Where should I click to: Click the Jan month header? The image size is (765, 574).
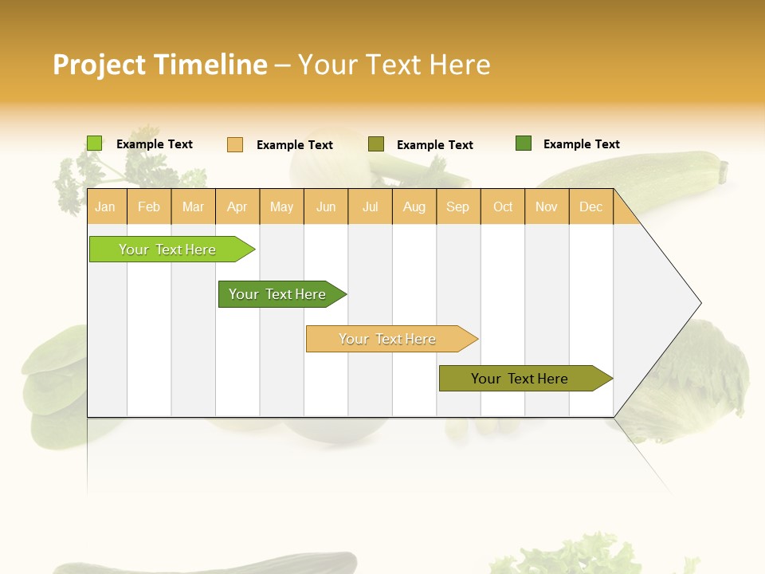click(106, 207)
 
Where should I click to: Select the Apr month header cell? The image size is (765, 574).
click(237, 207)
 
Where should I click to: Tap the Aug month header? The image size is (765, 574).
click(414, 207)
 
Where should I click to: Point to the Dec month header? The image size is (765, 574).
click(591, 207)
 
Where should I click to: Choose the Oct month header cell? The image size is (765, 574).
click(503, 207)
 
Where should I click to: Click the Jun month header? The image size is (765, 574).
click(326, 207)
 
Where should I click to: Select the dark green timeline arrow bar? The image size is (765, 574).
click(279, 294)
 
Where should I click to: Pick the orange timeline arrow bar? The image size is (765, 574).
click(389, 339)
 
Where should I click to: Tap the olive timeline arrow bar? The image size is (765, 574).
click(522, 379)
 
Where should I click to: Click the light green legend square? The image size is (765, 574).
click(95, 143)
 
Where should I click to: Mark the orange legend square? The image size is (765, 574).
click(235, 144)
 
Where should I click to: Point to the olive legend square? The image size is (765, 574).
click(376, 144)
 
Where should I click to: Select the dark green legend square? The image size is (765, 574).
click(524, 143)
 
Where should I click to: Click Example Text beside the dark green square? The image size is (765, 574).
click(581, 144)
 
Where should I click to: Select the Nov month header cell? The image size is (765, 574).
click(547, 207)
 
